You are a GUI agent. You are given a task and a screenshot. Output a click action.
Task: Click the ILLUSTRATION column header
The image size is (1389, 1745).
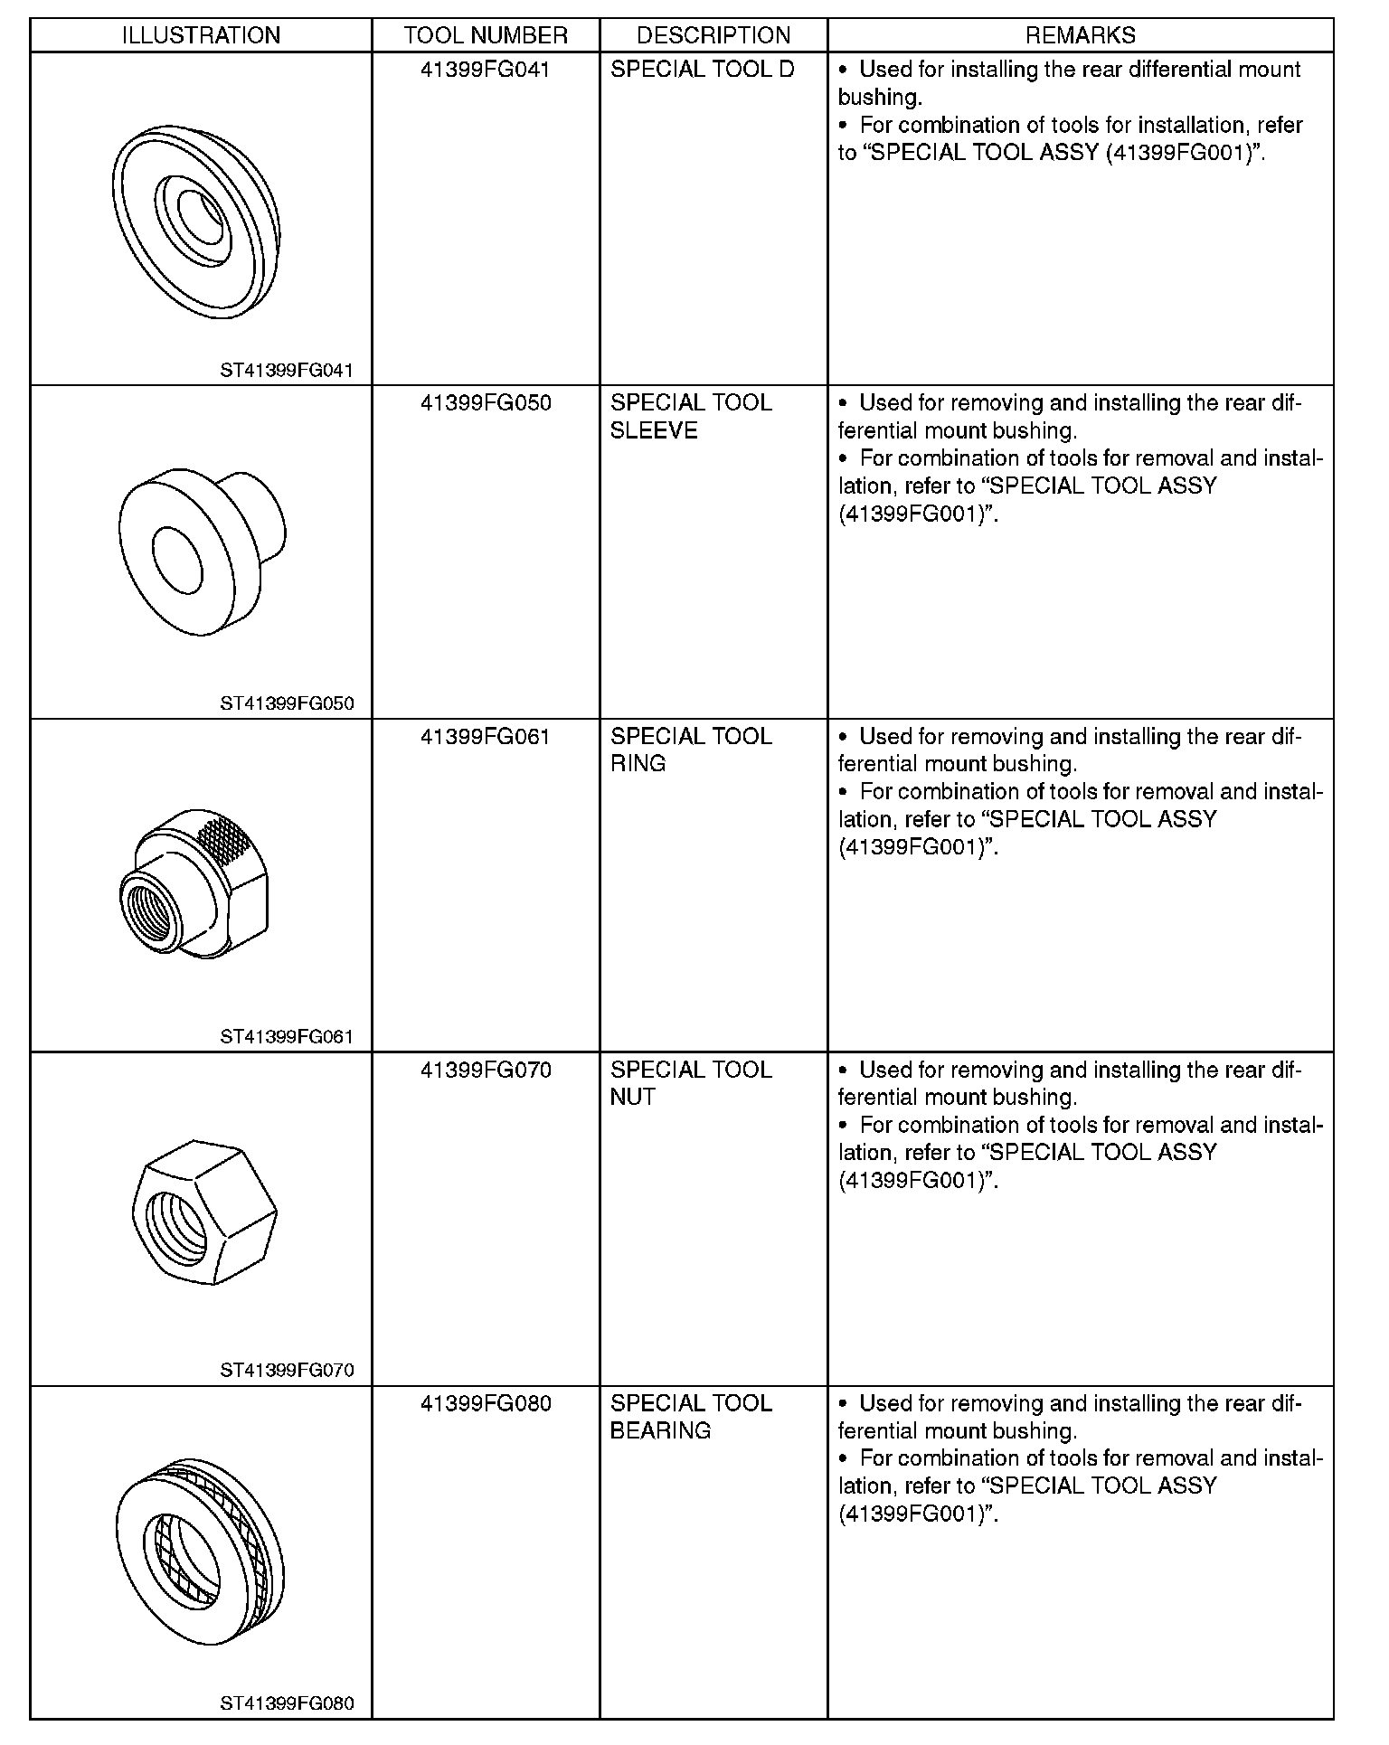point(201,35)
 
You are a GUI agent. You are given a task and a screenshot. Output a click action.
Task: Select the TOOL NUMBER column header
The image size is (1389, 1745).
point(486,35)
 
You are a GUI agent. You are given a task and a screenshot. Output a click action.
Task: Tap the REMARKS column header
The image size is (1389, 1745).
point(1080,35)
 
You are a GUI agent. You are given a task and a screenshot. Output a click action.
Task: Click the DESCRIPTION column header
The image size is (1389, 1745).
point(713,35)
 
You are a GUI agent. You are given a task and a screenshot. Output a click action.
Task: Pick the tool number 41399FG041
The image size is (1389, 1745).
point(486,70)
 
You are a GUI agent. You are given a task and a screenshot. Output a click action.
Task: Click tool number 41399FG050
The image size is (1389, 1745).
point(486,403)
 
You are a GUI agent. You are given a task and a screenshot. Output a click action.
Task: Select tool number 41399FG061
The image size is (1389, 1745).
point(486,737)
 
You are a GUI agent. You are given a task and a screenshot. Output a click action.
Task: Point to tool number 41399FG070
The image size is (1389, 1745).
point(486,1071)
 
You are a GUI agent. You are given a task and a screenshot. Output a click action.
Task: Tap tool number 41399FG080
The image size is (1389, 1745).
point(486,1404)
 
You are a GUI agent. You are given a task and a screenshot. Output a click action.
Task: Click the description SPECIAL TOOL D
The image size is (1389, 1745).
point(703,70)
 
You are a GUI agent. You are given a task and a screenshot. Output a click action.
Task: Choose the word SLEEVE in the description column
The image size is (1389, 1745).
point(654,431)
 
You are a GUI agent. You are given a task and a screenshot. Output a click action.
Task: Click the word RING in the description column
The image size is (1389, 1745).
point(638,764)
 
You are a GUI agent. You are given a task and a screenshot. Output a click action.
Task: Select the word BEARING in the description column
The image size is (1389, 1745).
point(661,1431)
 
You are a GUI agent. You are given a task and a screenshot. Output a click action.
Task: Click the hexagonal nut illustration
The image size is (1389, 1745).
point(204,1212)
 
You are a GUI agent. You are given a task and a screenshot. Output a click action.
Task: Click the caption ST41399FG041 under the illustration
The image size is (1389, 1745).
point(287,371)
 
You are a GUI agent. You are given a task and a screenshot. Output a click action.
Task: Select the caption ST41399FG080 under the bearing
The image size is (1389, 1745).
point(287,1705)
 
